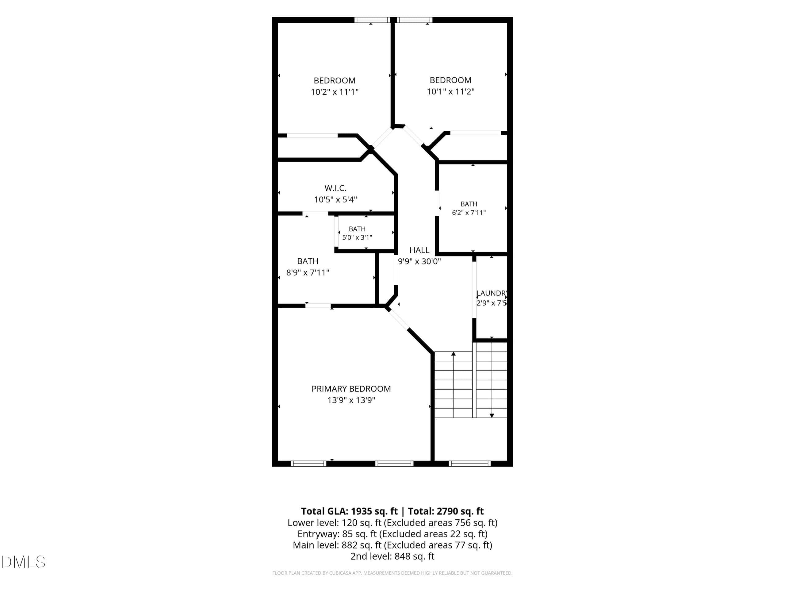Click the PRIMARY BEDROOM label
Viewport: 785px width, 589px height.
point(351,389)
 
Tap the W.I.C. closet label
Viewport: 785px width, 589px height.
point(335,188)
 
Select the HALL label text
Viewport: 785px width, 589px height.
point(419,250)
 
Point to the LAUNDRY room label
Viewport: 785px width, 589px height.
point(492,293)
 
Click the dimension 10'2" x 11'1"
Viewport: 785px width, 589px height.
point(335,92)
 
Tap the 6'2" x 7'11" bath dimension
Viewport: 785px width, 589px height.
point(469,213)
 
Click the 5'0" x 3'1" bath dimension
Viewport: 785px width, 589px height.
point(357,237)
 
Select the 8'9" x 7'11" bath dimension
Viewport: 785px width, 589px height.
point(308,273)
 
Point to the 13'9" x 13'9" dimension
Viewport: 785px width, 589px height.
point(351,400)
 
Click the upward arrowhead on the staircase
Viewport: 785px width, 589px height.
point(453,354)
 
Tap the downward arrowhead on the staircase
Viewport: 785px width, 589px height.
point(492,415)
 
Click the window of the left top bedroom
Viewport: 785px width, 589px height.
point(372,20)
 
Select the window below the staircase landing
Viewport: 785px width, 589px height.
point(469,464)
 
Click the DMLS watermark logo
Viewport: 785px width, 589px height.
point(23,562)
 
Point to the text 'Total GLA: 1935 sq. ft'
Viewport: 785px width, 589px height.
point(349,511)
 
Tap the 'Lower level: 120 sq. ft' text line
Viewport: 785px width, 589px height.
point(334,523)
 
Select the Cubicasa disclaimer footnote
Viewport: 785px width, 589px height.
point(392,573)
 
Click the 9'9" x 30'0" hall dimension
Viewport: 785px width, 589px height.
point(419,262)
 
